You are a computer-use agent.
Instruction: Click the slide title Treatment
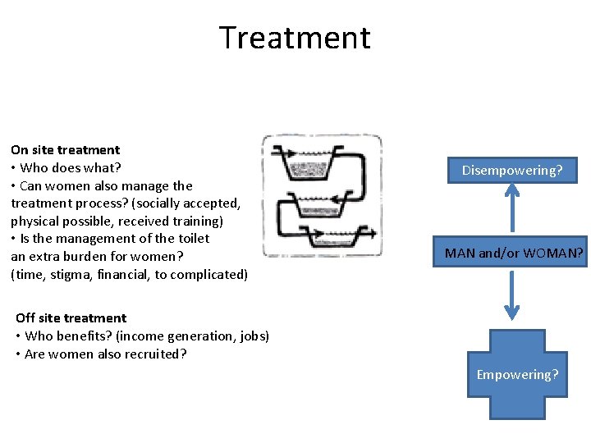(295, 38)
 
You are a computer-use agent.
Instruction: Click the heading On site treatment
(65, 149)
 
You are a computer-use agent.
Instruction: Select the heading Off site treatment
(71, 317)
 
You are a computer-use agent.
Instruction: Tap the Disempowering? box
(512, 170)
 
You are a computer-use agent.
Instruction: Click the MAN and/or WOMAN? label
(514, 253)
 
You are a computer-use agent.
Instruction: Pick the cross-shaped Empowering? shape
(517, 374)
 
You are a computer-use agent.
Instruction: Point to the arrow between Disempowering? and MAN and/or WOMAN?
(512, 208)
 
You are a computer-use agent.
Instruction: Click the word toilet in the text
(190, 239)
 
